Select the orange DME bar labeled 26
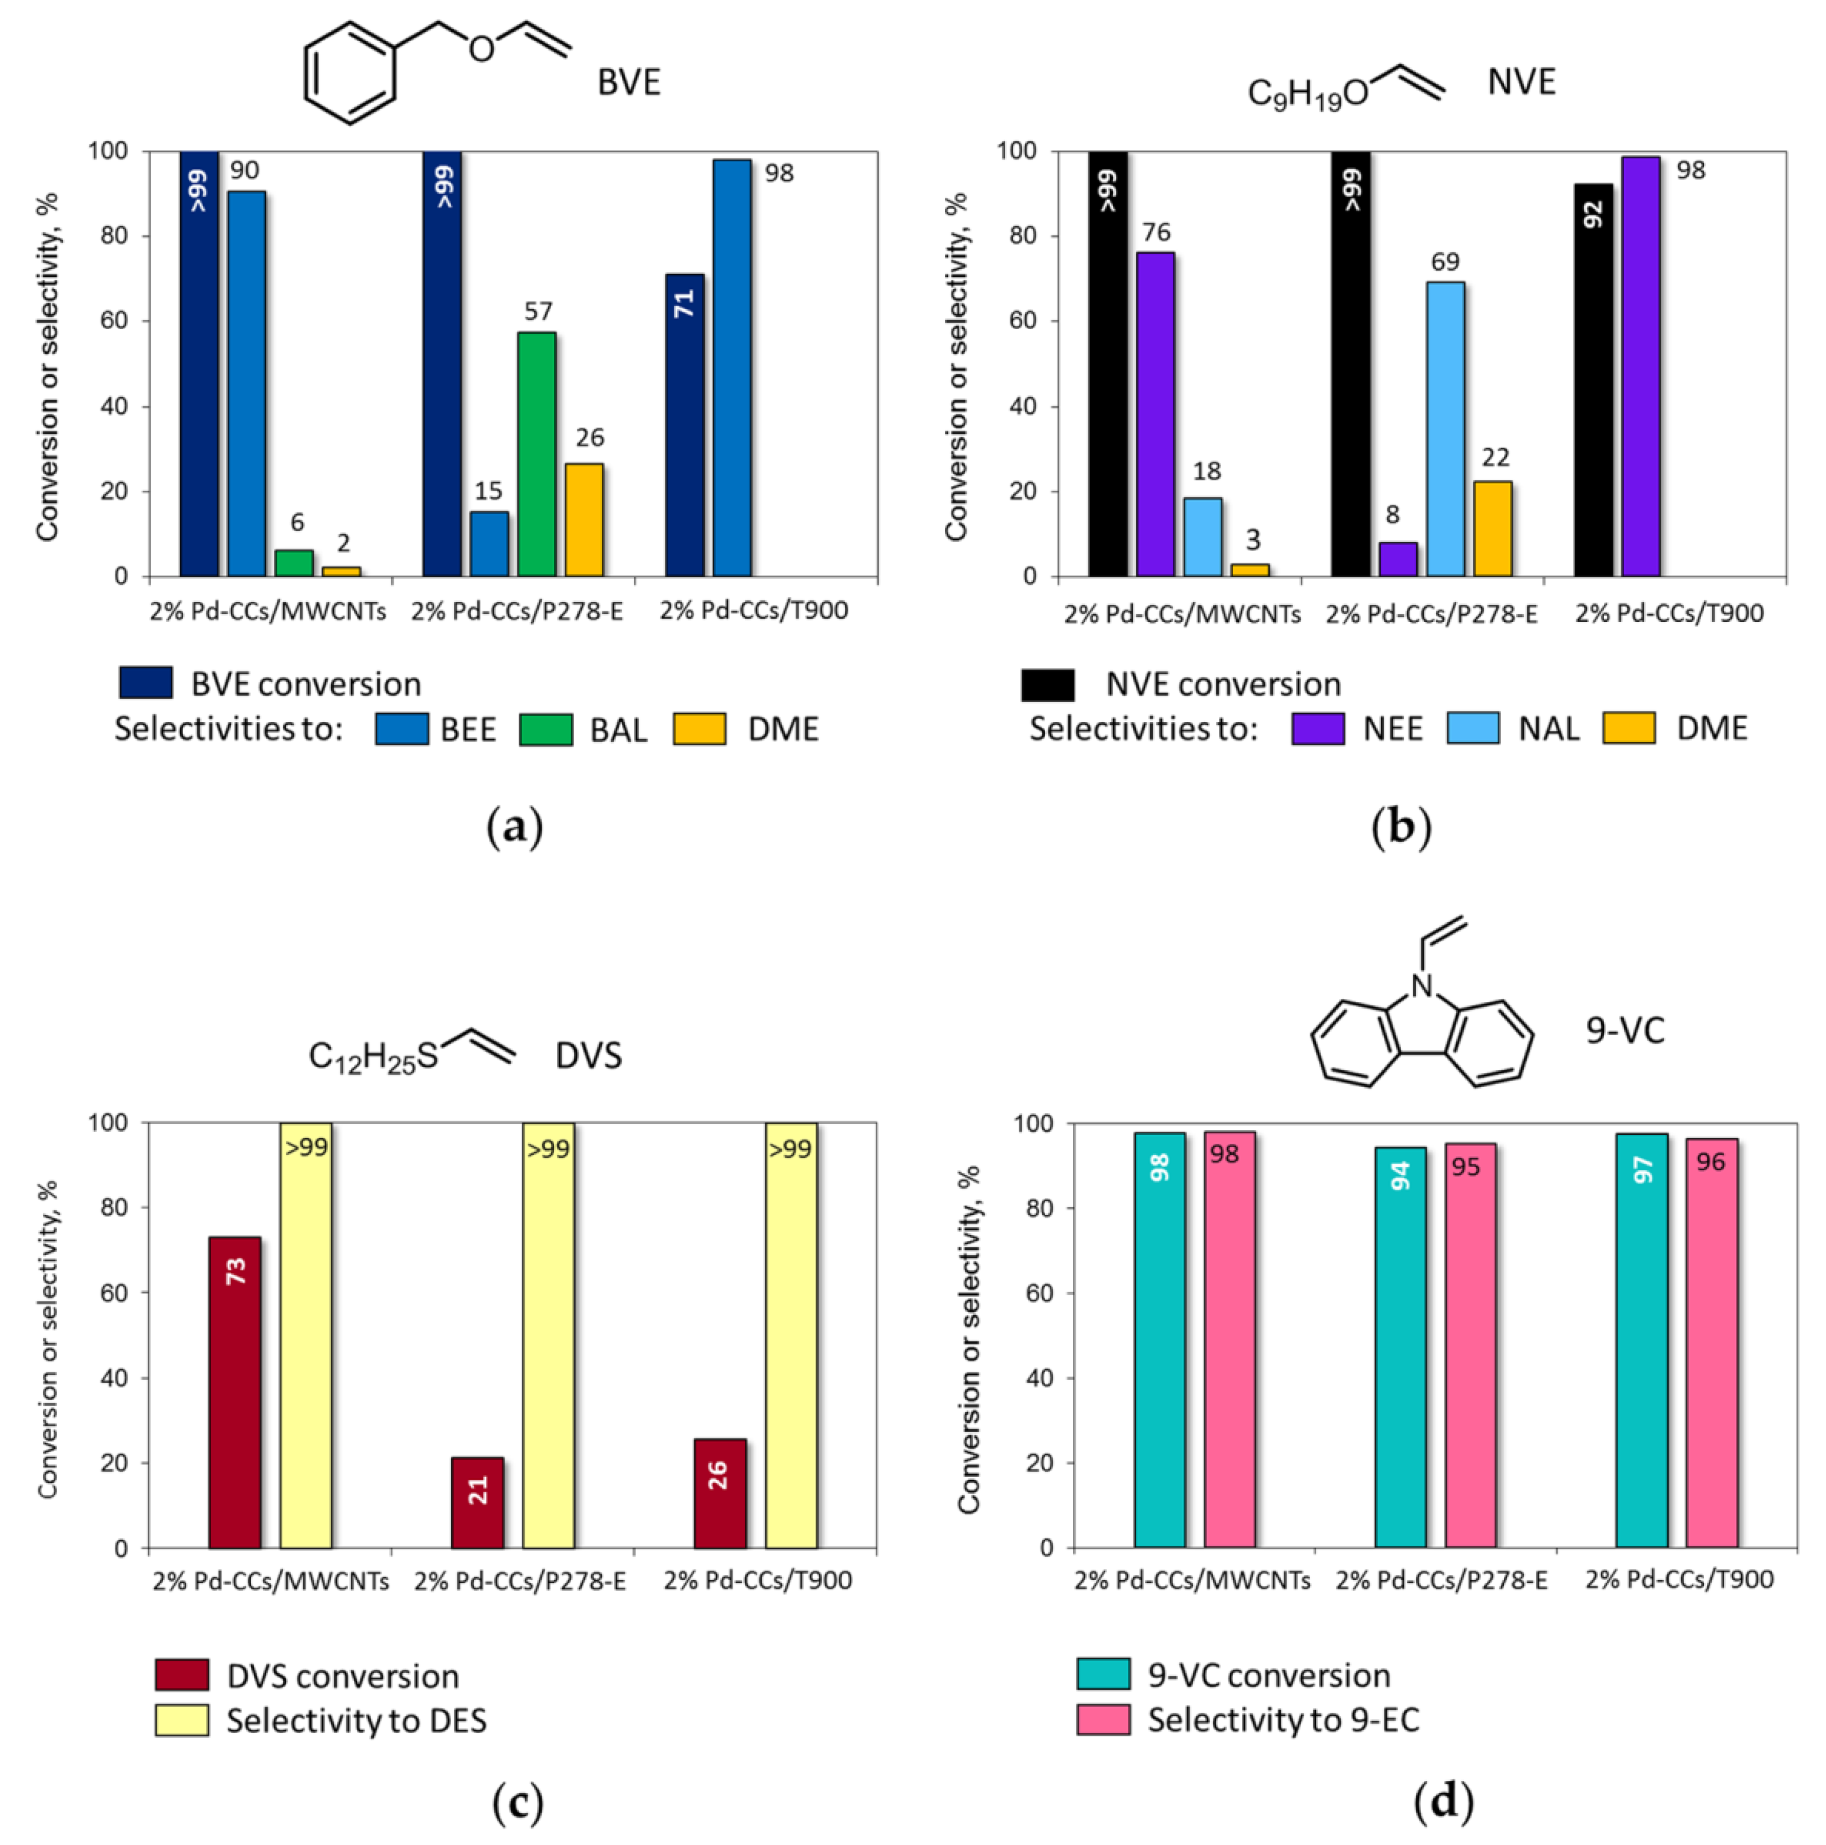click(584, 521)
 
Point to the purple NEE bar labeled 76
click(1155, 415)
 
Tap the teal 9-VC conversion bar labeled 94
click(1400, 1347)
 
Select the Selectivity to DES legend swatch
click(181, 1720)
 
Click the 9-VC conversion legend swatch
click(1103, 1674)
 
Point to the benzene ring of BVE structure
click(350, 74)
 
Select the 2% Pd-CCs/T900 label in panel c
click(757, 1581)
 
